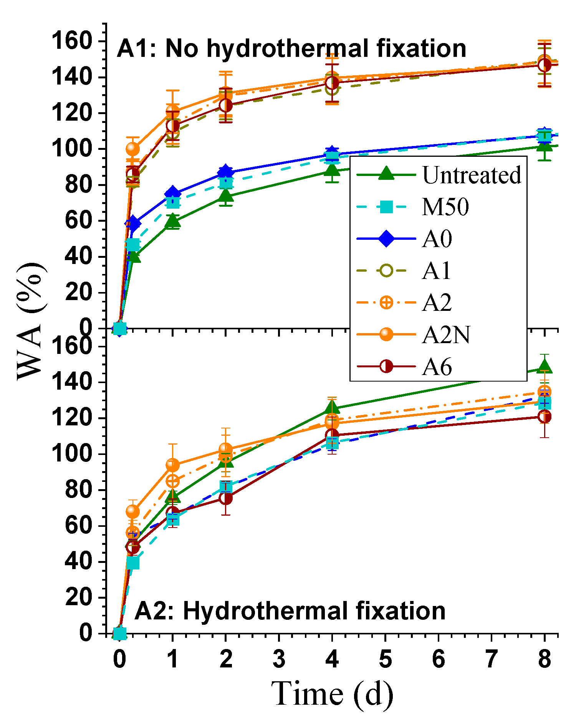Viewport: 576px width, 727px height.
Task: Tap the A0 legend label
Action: [x=437, y=239]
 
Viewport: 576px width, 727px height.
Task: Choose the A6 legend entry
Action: [x=437, y=367]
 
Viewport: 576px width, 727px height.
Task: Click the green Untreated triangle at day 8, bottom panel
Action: [x=545, y=367]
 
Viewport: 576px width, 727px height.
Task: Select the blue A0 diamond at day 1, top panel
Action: [x=173, y=194]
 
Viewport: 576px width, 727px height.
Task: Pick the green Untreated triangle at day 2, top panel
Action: [x=226, y=196]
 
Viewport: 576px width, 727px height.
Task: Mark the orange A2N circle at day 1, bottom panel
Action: [x=172, y=465]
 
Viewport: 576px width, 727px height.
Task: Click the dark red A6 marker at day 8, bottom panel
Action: [x=545, y=417]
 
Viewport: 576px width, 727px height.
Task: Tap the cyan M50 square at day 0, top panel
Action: [x=120, y=329]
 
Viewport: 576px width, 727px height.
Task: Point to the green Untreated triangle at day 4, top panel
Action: [x=332, y=171]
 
